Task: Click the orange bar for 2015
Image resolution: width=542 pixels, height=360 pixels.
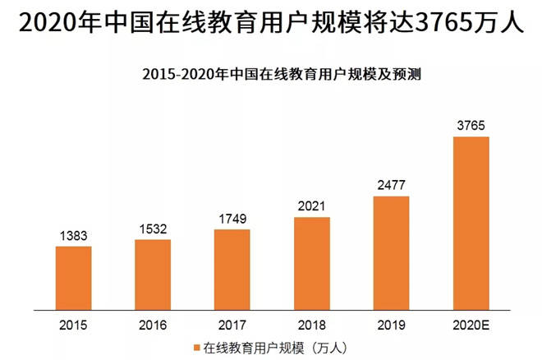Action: point(74,275)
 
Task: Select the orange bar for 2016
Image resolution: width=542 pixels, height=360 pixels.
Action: point(153,271)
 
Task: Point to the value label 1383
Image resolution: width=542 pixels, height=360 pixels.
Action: point(74,236)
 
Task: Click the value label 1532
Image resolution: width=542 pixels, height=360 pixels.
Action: point(153,229)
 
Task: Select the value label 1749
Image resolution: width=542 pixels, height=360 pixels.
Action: point(232,219)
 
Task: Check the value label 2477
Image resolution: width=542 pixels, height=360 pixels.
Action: point(391,186)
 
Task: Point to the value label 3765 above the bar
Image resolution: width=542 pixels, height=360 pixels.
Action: point(471,126)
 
